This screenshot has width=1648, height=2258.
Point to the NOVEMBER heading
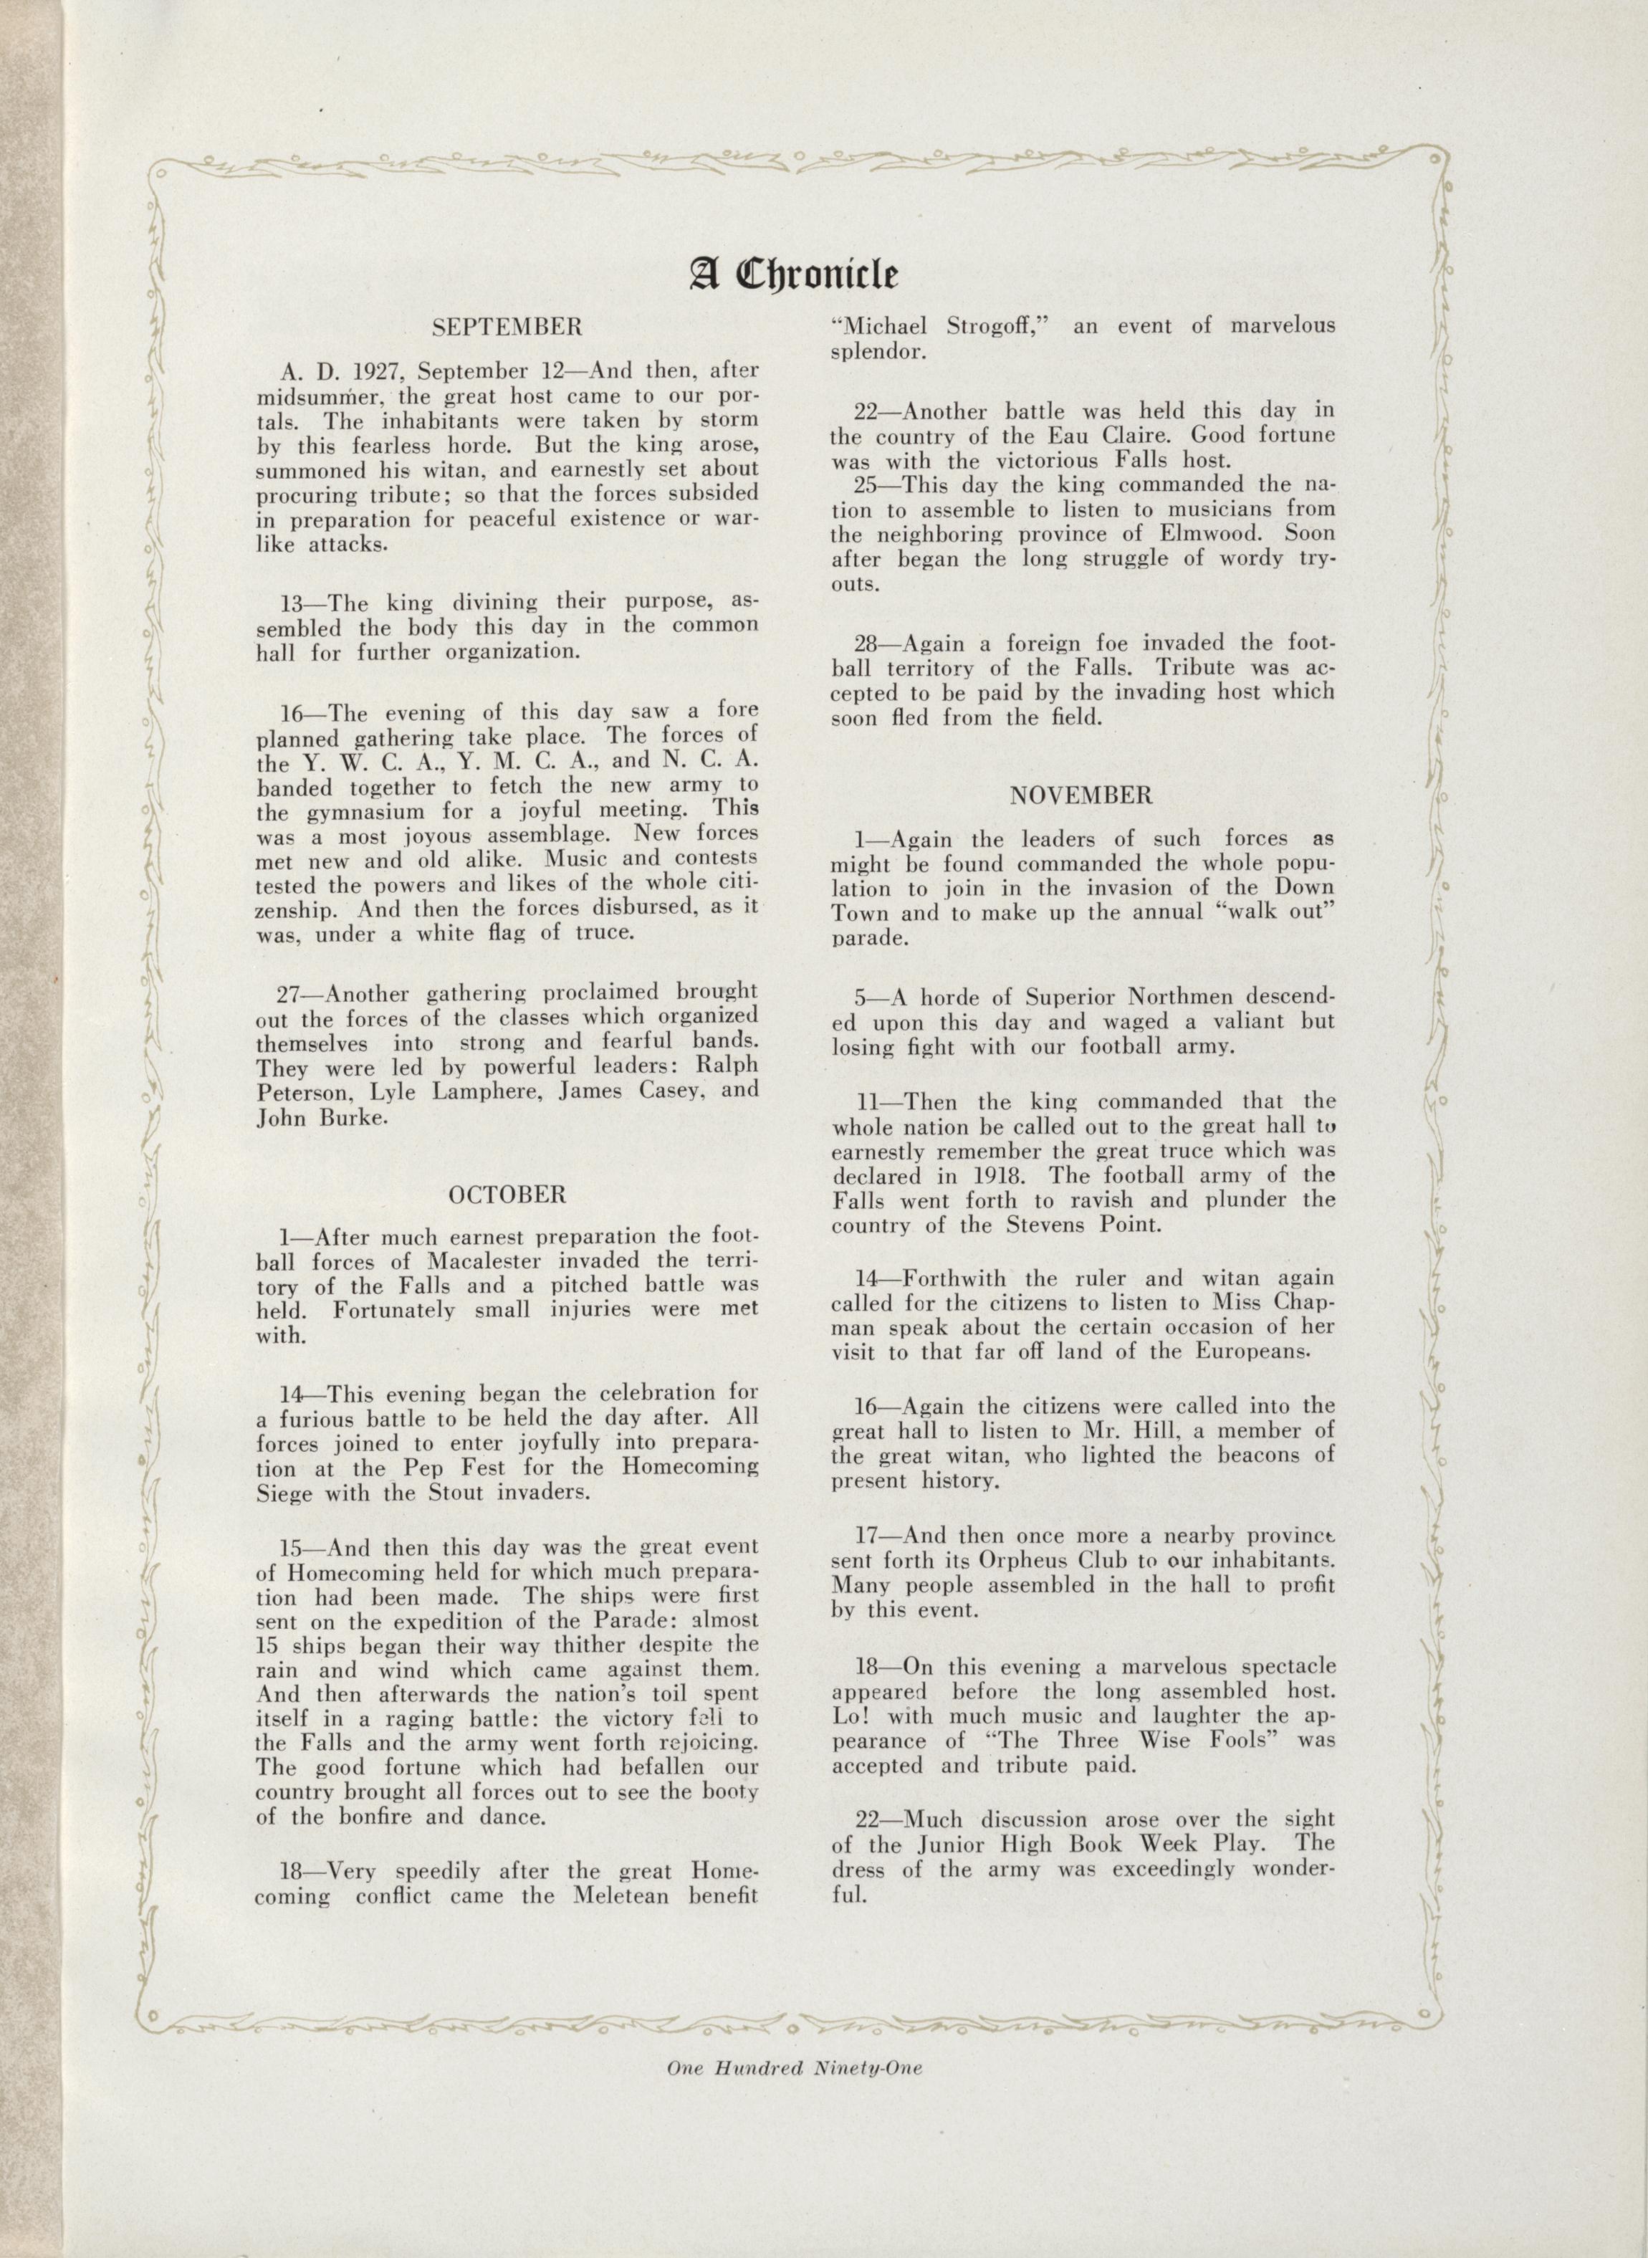1081,795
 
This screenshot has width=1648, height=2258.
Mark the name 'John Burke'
320,1117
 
